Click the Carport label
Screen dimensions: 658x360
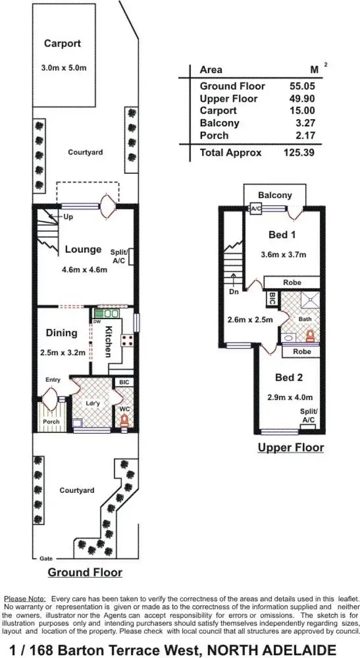click(x=62, y=44)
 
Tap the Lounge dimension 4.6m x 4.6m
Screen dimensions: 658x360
click(x=84, y=270)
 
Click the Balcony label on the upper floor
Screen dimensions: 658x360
click(x=275, y=195)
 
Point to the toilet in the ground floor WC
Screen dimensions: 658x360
click(x=125, y=421)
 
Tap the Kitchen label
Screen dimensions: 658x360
click(x=109, y=342)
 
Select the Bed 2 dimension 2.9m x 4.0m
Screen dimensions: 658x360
click(x=290, y=397)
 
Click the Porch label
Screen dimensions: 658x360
click(x=51, y=422)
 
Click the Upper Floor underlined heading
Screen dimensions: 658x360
click(x=291, y=448)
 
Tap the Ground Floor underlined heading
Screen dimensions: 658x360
click(x=85, y=573)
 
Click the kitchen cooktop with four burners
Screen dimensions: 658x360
click(x=128, y=340)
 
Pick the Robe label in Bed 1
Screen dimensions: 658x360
click(x=292, y=283)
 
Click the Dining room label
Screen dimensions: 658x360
click(x=61, y=333)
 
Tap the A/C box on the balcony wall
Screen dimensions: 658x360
click(x=255, y=208)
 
